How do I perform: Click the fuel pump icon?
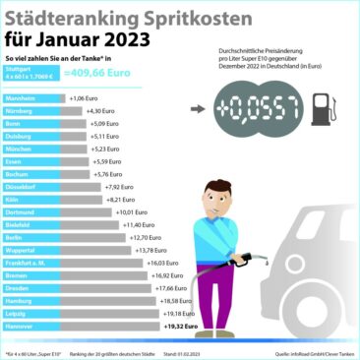pos(319,109)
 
